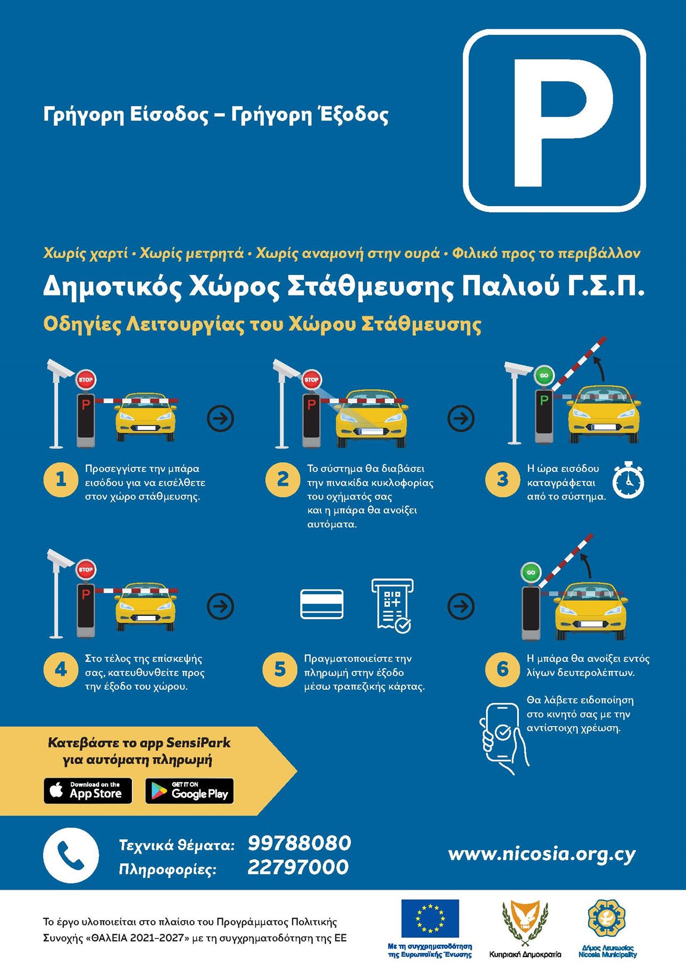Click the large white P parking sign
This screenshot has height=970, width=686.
555,121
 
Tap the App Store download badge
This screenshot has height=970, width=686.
88,790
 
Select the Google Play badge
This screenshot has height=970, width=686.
190,790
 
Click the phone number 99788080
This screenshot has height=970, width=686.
299,843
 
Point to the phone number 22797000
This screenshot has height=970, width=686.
298,867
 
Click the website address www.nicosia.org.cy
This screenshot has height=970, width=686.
542,854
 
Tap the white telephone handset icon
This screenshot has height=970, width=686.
71,855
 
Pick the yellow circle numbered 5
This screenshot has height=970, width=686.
280,669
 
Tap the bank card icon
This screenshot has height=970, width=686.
322,604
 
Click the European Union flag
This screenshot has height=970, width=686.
430,919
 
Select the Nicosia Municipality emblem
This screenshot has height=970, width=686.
607,919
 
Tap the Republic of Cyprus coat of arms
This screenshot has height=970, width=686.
525,922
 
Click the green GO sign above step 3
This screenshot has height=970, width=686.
544,375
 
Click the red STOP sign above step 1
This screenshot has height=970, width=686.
86,379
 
